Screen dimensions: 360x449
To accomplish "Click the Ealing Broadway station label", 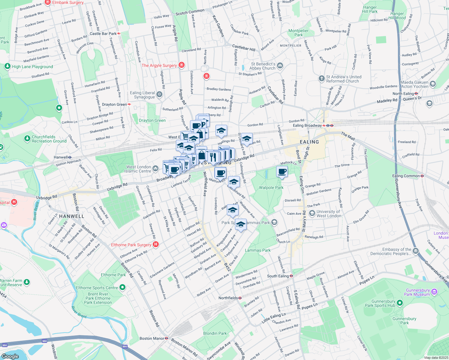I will tap(307, 125).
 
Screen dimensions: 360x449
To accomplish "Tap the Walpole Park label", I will tap(271, 187).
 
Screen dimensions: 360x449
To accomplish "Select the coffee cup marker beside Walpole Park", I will tap(282, 172).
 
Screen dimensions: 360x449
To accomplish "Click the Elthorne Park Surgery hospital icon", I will tap(156, 244).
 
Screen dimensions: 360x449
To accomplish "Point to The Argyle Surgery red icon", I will tap(181, 65).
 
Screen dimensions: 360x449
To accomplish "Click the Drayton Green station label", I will tap(114, 104).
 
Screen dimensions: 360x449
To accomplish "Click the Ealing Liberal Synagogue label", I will tap(143, 95).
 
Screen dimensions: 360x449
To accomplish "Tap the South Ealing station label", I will tap(278, 276).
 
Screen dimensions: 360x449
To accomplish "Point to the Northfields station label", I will tap(228, 298).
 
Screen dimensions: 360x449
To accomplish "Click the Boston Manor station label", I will tap(152, 338).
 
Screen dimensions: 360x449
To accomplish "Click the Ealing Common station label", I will tap(406, 176).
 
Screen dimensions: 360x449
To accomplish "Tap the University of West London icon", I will tap(312, 213).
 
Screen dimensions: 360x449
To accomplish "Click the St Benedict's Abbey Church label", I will tap(263, 66).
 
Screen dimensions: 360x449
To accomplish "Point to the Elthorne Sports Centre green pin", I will tap(122, 287).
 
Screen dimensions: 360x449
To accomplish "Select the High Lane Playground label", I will tap(32, 67).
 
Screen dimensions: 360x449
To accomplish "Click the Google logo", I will tap(10, 356).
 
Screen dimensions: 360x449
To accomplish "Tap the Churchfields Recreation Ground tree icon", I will tap(27, 139).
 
